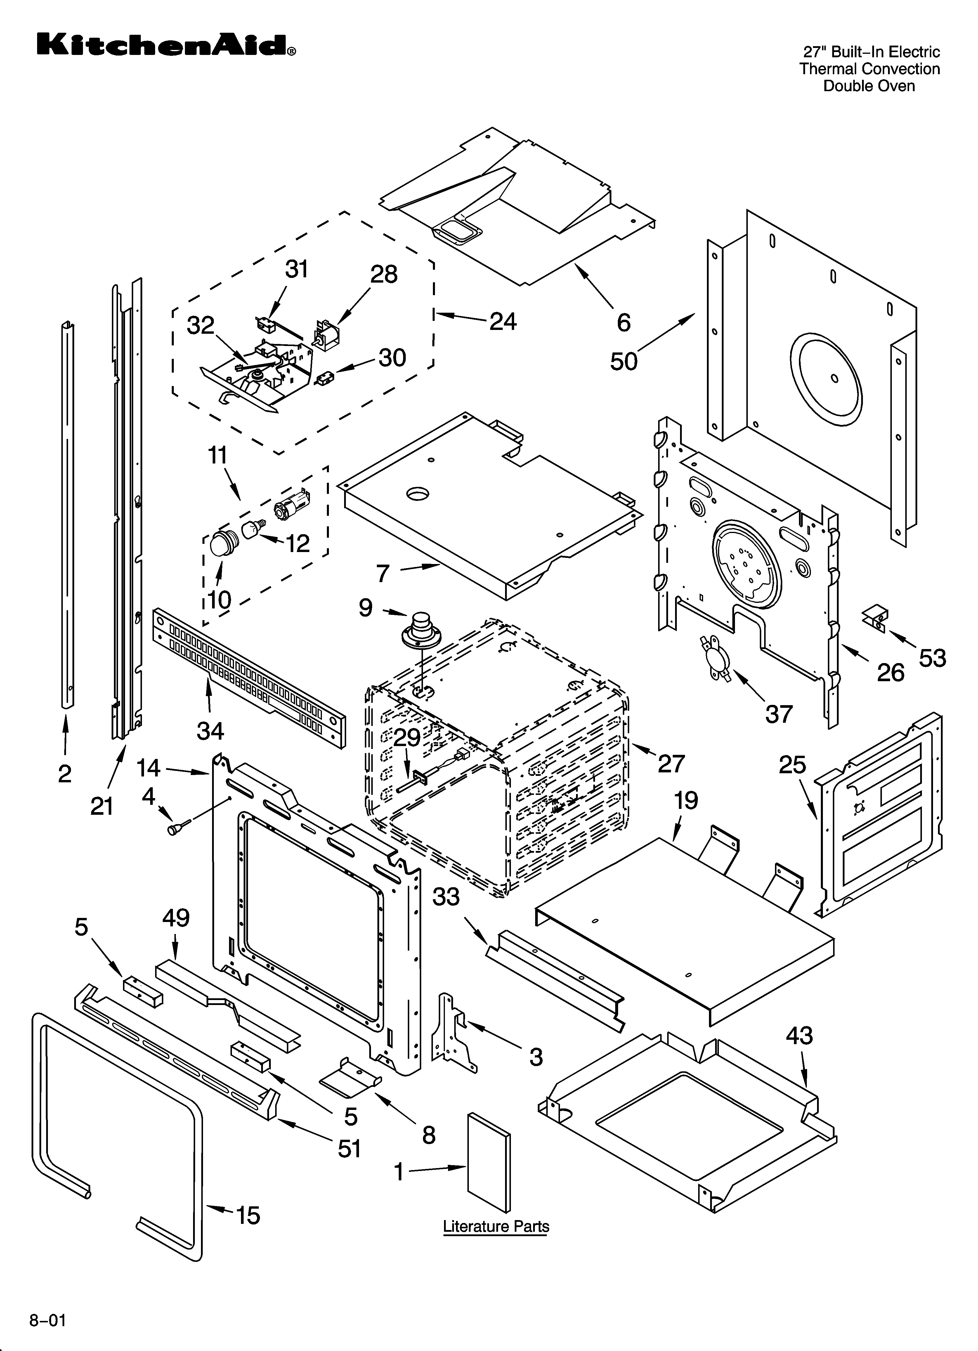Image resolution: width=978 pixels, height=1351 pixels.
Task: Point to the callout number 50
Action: point(624,361)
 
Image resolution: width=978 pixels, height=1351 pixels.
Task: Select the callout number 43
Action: point(799,1036)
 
